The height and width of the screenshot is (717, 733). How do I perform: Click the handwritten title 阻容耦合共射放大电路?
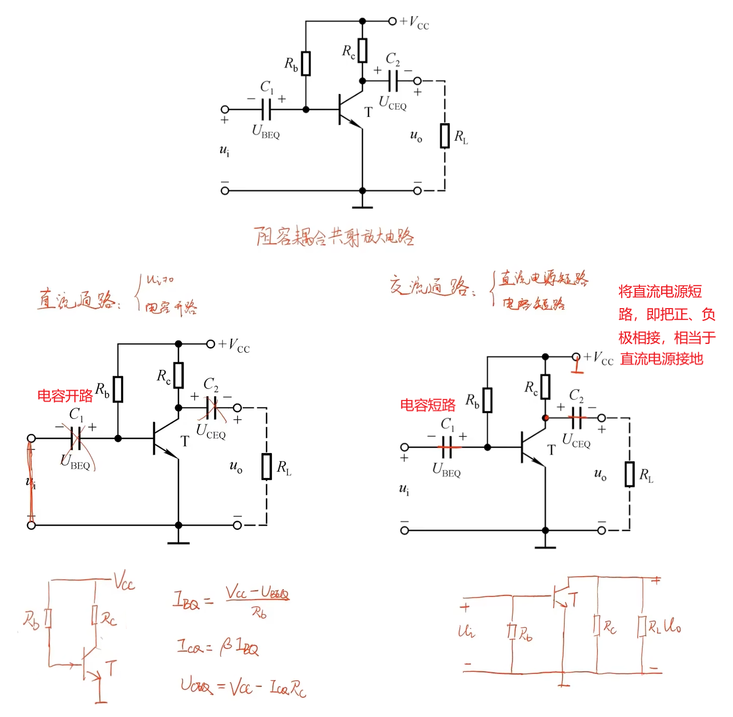point(334,236)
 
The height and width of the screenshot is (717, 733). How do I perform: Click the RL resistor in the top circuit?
point(444,136)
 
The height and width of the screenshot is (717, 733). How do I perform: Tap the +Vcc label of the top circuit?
point(414,22)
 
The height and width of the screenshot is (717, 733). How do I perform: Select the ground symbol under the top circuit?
point(362,206)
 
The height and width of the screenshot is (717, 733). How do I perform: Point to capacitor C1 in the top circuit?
point(266,109)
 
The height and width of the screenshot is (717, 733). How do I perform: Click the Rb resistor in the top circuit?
point(306,63)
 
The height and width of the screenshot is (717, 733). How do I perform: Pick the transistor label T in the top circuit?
point(368,112)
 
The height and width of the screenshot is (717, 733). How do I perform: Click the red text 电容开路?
point(64,396)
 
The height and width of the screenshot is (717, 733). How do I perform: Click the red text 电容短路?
point(427,405)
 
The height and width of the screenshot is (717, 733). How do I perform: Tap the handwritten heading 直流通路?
point(77,300)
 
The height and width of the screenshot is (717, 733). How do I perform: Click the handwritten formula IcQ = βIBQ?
point(217,647)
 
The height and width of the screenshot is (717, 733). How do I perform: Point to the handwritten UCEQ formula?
point(243,687)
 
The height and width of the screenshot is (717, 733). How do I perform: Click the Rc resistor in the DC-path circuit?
point(178,375)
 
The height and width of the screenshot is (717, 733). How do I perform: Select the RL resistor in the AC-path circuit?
point(630,474)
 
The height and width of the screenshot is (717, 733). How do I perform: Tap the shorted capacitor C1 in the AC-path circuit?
point(447,447)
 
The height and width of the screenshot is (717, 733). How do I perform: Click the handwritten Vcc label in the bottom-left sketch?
point(124,580)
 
